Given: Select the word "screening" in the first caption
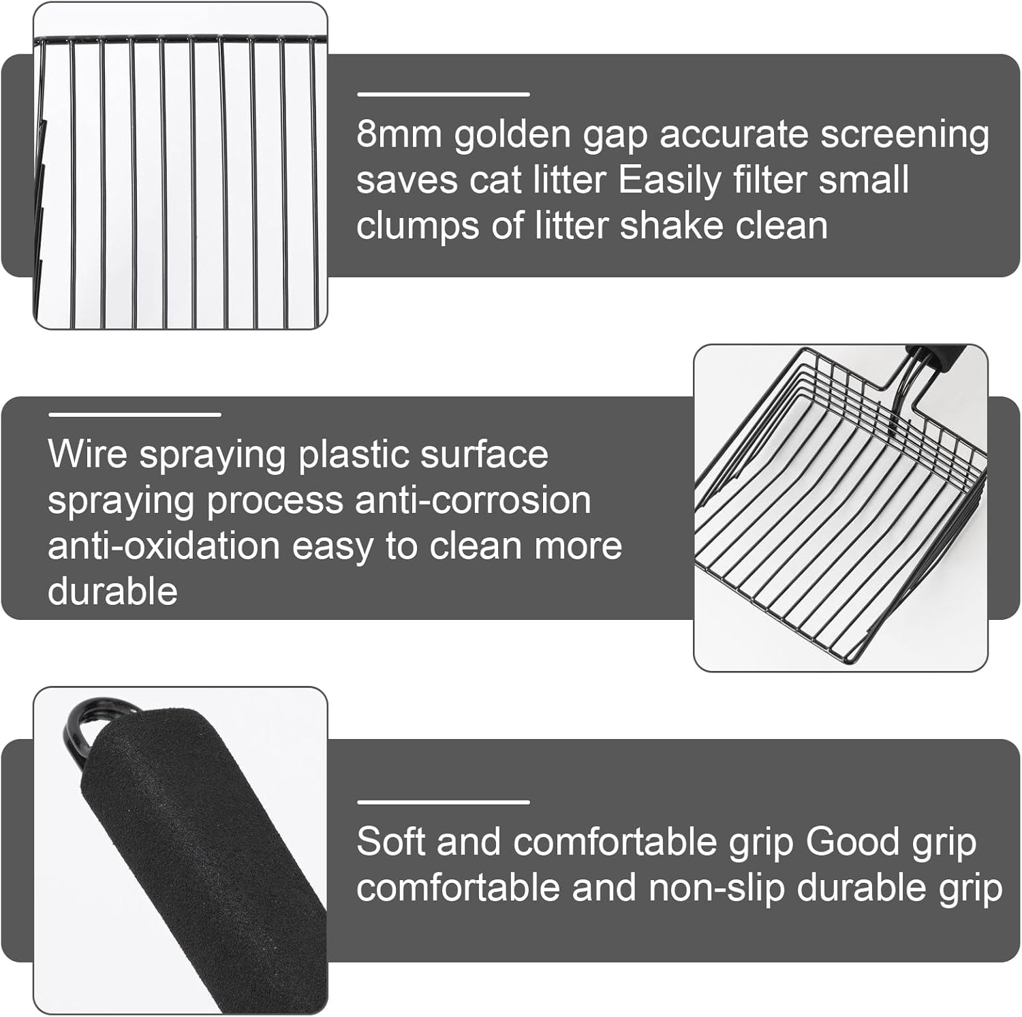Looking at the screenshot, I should pos(904,134).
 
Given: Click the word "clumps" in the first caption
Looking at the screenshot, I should pos(418,226).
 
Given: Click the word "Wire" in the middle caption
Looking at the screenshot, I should pos(87,454).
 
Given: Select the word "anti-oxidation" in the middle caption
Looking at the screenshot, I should pos(164,546).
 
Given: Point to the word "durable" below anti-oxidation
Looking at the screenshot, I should pos(112,591).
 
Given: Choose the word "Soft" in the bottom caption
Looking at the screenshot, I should pos(390,842).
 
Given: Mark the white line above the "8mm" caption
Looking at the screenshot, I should pos(443,94).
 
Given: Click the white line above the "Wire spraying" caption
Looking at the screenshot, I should pos(134,414).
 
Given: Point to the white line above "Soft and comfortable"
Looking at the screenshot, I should pos(443,802).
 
